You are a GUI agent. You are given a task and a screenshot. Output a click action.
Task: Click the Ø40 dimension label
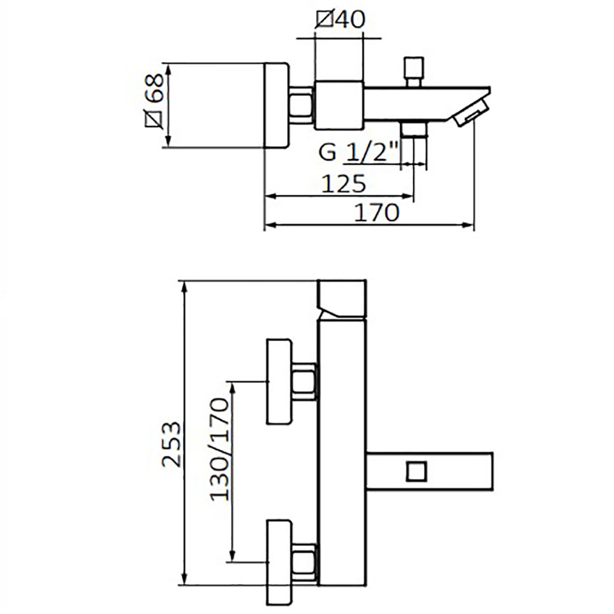(340, 20)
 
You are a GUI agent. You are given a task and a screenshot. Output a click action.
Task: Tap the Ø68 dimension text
(154, 100)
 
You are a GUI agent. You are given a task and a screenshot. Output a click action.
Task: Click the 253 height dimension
(172, 444)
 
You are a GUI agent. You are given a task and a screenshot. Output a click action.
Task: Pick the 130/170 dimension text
(219, 449)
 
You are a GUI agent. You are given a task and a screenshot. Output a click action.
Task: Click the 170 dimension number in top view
(376, 213)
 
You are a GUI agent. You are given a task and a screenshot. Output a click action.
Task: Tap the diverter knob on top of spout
(414, 72)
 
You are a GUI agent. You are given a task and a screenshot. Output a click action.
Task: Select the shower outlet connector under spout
(413, 129)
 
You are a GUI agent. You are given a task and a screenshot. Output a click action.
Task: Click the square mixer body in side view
(338, 105)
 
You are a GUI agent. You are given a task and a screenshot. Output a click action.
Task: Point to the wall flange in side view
(277, 105)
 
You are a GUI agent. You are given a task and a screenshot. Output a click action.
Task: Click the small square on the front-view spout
(416, 471)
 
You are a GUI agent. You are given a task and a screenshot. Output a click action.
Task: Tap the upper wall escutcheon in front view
(279, 381)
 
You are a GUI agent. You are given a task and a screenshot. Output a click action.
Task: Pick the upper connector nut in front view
(305, 382)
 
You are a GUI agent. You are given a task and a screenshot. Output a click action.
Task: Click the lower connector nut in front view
(305, 562)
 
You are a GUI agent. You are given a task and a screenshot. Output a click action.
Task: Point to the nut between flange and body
(301, 105)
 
